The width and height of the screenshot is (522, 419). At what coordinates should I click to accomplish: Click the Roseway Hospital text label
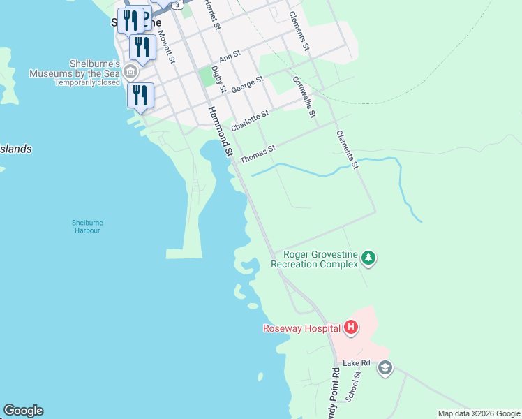[x=301, y=328]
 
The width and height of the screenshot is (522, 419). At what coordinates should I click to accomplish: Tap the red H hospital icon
[x=352, y=327]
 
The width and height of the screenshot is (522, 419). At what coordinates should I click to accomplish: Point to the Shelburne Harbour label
[x=87, y=227]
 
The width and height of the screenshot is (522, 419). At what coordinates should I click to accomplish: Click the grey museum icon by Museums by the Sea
[x=130, y=73]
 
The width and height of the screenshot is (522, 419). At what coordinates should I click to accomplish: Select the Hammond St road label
[x=219, y=131]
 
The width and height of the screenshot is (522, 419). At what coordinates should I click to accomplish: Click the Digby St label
[x=218, y=79]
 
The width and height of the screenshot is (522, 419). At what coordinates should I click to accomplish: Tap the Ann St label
[x=230, y=57]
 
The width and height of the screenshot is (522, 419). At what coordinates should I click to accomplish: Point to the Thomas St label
[x=258, y=154]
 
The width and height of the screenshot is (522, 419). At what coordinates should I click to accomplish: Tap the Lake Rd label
[x=355, y=364]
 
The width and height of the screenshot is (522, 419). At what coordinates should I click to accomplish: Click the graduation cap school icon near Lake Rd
[x=385, y=367]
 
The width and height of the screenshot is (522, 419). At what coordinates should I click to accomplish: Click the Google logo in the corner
[x=23, y=411]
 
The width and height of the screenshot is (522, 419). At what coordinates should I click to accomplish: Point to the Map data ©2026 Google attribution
[x=478, y=413]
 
